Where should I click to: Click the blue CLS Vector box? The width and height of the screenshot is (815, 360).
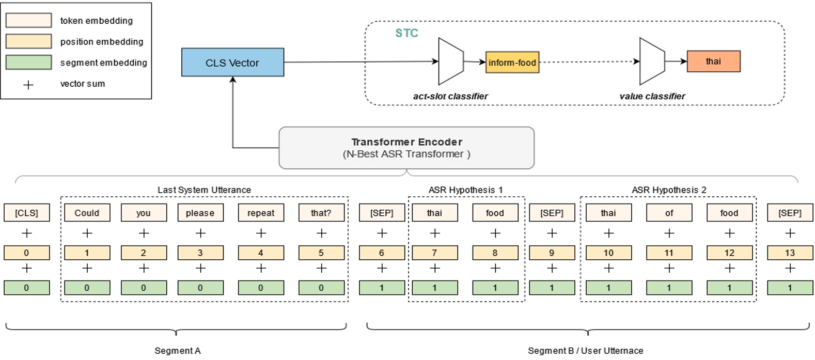pos(232,62)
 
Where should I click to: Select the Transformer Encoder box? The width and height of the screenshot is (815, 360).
pos(406,148)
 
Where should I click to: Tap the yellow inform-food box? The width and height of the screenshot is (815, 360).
pos(512,62)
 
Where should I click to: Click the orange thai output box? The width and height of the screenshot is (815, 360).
pos(713,61)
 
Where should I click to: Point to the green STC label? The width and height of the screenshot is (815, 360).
pos(406,33)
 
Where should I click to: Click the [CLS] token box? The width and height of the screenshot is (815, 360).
pos(26,213)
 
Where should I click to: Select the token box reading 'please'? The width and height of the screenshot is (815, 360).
pos(200,213)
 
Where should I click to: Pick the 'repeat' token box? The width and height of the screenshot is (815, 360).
pos(260,213)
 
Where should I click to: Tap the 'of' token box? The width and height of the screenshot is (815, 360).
pos(669,213)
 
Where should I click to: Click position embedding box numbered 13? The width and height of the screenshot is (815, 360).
pos(789,253)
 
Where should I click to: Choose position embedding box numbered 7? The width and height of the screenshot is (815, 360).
pos(434,253)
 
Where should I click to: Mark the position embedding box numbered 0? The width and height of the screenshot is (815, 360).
pos(26,253)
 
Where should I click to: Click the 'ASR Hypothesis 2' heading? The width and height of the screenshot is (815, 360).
pos(668,190)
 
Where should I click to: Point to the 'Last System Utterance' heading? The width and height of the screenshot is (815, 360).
pos(204,190)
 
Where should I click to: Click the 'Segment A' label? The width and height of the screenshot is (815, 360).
pos(177,351)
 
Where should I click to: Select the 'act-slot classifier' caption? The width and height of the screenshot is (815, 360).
pos(450,96)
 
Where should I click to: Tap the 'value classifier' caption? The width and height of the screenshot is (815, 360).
pos(652,96)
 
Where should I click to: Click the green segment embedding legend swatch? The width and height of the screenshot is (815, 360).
pos(28,62)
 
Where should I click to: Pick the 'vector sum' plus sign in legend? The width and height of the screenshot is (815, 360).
pos(28,84)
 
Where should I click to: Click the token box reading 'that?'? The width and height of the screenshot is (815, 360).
pos(321,213)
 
